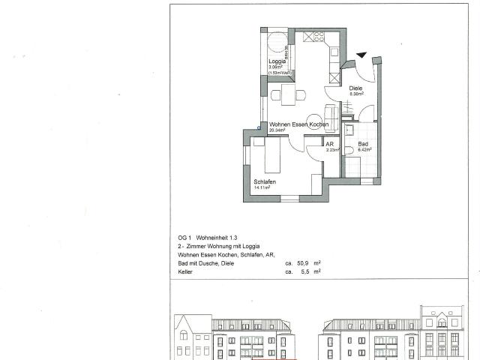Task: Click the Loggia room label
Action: pyautogui.click(x=276, y=61)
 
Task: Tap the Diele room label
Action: pyautogui.click(x=356, y=88)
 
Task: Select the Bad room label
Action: pyautogui.click(x=363, y=143)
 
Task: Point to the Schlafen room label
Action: pyautogui.click(x=265, y=182)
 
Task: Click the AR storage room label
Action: pyautogui.click(x=329, y=143)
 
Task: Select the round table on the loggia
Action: pyautogui.click(x=276, y=40)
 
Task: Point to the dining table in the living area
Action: pyautogui.click(x=288, y=94)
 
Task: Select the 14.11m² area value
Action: pyautogui.click(x=262, y=188)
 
